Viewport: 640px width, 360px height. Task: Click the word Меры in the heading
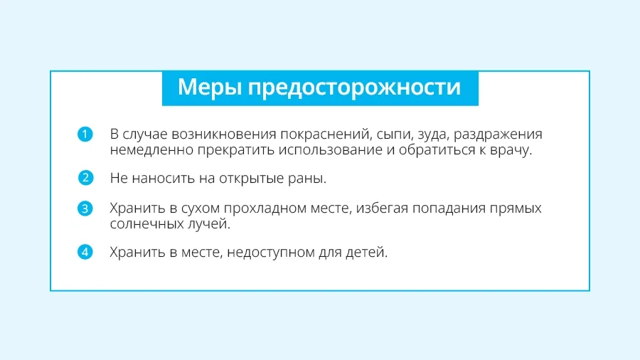tap(210, 88)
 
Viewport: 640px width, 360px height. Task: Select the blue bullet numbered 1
tap(85, 134)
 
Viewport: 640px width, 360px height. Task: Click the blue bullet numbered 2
tap(85, 178)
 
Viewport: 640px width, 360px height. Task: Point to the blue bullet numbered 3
tap(85, 208)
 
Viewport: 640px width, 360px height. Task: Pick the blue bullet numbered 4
tap(85, 253)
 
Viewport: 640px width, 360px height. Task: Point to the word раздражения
tap(498, 135)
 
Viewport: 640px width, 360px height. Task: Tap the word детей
tap(366, 253)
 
